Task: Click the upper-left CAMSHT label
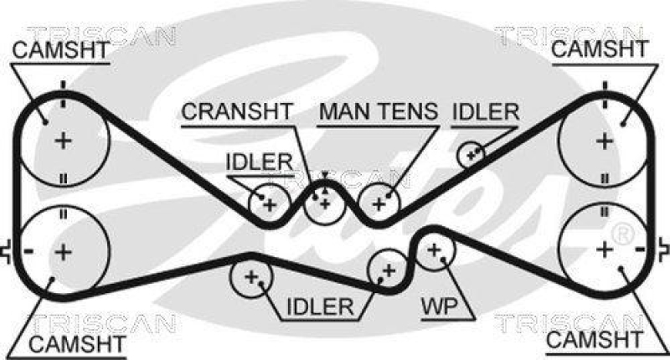click(60, 50)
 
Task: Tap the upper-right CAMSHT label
click(600, 50)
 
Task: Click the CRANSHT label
click(237, 111)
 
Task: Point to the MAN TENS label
click(379, 111)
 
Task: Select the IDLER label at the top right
click(486, 111)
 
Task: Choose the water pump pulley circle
click(435, 249)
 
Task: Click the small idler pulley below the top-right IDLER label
click(472, 153)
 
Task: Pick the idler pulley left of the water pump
click(388, 269)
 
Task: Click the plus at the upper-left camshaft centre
click(63, 141)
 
